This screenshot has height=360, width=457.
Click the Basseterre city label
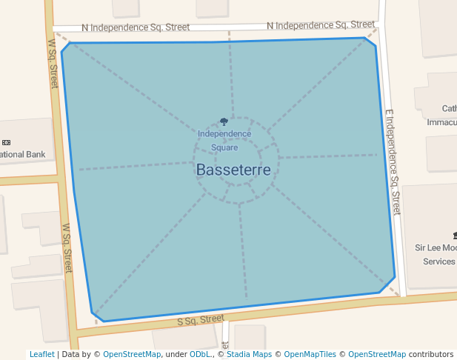tap(233, 170)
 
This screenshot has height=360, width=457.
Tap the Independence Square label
tap(224, 140)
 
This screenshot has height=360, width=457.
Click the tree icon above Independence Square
tap(224, 122)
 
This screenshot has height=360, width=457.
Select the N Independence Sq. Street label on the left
tap(136, 27)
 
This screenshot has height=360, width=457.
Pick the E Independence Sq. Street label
tap(392, 162)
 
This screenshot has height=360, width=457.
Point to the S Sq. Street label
tap(201, 320)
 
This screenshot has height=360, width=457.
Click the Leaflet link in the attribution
tap(41, 354)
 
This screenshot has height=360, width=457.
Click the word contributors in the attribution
tap(431, 354)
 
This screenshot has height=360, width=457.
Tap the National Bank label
tap(22, 155)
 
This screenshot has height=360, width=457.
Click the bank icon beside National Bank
tap(6, 142)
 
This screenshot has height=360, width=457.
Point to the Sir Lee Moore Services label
tap(437, 254)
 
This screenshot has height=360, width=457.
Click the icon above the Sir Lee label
tap(453, 234)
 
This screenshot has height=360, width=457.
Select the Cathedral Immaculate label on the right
tap(442, 115)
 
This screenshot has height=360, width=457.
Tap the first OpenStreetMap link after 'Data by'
tap(132, 354)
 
